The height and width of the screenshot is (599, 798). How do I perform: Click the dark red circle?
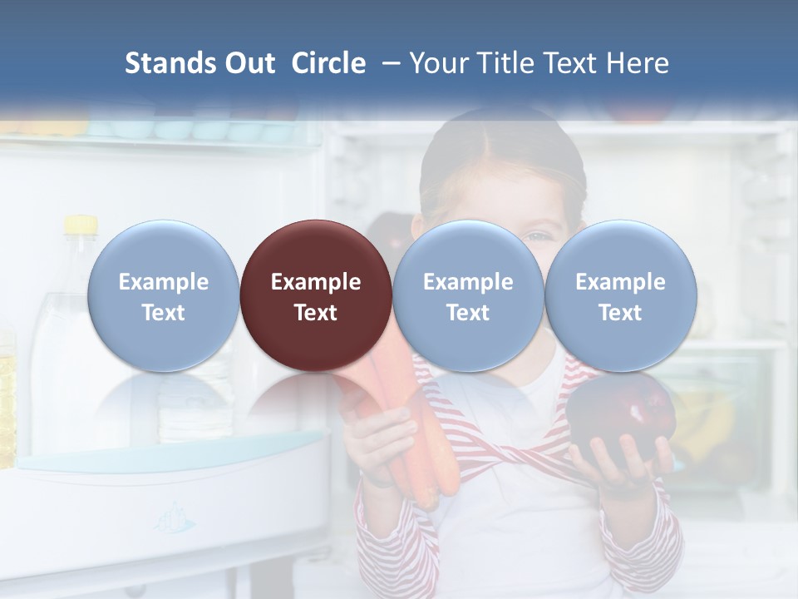[316, 295]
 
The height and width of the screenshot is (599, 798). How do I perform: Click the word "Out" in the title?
[250, 63]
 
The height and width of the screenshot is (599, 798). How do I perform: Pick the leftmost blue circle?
[163, 295]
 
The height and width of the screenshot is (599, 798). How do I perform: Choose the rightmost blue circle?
[620, 295]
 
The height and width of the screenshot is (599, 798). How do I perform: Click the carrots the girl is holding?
[407, 433]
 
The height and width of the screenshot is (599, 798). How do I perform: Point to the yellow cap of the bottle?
[81, 225]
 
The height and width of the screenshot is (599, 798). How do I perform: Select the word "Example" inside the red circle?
[316, 282]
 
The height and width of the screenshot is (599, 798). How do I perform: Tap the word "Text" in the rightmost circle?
[620, 313]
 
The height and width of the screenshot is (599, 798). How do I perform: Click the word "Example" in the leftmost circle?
[163, 282]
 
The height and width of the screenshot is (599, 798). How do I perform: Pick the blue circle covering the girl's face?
[468, 295]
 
